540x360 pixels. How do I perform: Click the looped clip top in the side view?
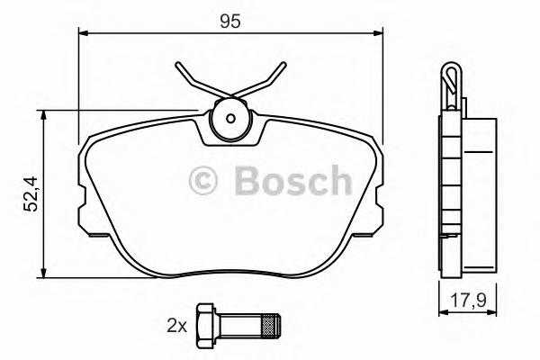pos(452,81)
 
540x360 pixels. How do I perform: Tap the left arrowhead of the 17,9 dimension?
pos(442,311)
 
